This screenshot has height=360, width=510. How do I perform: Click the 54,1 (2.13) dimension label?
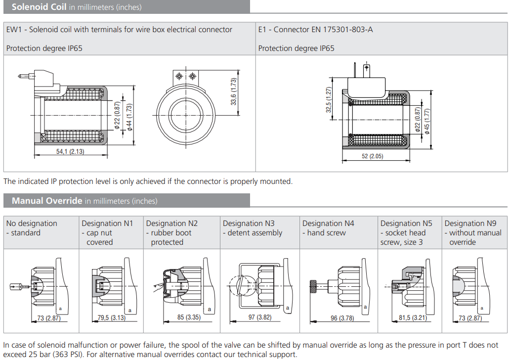pos(70,151)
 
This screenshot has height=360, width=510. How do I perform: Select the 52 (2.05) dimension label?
pos(372,156)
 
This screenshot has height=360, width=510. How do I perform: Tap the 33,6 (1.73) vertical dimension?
pos(234,91)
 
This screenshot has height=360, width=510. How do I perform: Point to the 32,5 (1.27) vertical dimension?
pos(329,100)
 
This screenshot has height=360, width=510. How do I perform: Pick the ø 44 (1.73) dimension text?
pos(129,117)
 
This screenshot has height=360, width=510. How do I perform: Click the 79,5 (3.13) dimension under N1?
pos(111,317)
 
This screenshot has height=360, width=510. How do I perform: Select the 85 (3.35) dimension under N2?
pos(189,317)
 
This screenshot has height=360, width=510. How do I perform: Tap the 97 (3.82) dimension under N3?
pos(259,317)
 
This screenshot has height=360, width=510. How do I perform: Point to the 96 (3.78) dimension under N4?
pos(342,318)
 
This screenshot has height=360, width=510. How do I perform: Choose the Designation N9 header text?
pos(470,224)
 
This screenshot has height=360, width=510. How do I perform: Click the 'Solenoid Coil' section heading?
pos(39,7)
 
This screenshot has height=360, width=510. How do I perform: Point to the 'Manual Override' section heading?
pos(47,201)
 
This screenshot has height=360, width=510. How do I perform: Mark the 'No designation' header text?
pos(32,224)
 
